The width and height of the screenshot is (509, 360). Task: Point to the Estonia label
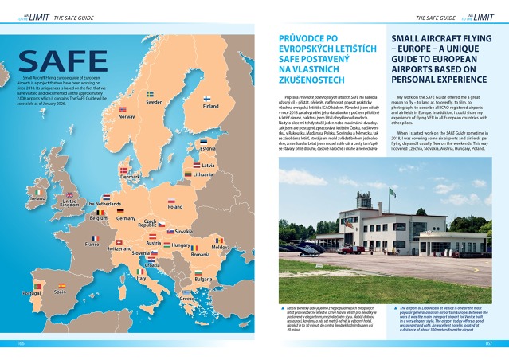pyautogui.click(x=209, y=149)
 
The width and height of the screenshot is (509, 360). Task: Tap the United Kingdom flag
pyautogui.click(x=69, y=194)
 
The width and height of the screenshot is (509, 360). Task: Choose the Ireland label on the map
pyautogui.click(x=37, y=198)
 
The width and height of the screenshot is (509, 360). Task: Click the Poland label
pyautogui.click(x=174, y=206)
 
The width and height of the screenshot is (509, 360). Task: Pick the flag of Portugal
pyautogui.click(x=33, y=286)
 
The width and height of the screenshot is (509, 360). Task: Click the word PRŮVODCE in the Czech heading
pyautogui.click(x=303, y=37)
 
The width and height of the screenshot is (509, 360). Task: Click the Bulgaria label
pyautogui.click(x=203, y=280)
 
